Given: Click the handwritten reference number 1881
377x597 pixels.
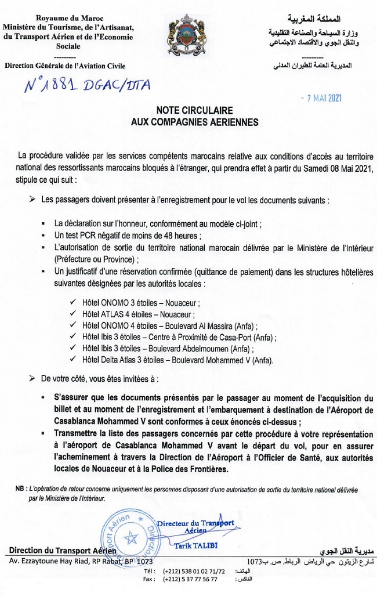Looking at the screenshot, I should [59, 85].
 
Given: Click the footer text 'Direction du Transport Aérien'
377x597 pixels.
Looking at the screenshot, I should [63, 550].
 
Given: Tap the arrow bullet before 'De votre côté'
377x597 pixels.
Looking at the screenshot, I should [32, 378].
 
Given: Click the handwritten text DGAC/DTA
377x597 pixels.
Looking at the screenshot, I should [118, 85].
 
